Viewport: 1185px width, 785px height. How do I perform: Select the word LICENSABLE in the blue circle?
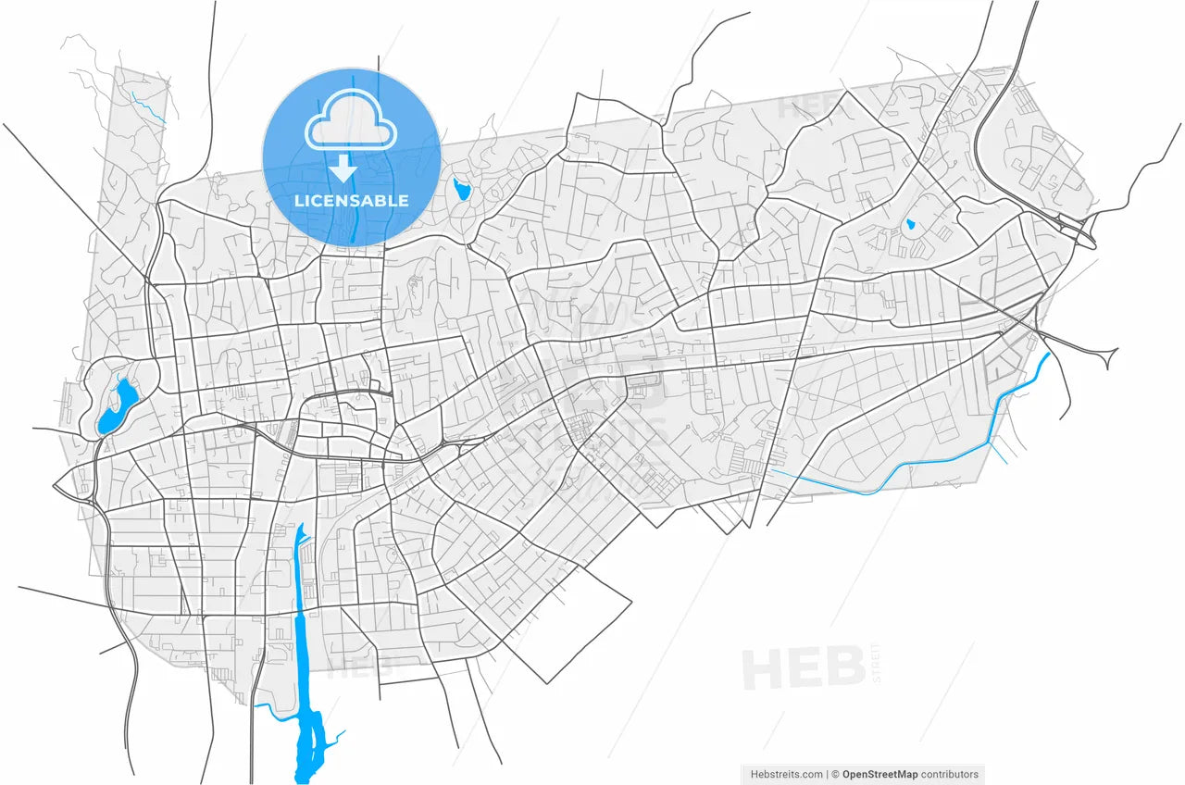(351, 200)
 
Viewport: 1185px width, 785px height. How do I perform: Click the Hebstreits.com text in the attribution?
(786, 775)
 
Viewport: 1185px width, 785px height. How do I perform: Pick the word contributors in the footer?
(949, 775)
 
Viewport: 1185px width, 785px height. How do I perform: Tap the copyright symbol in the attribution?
(835, 775)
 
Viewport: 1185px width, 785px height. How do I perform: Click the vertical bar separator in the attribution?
(827, 775)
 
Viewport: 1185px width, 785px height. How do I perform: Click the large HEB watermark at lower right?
(803, 669)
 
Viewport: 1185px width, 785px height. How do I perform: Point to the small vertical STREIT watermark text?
(877, 664)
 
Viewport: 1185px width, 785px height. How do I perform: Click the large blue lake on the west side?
(117, 408)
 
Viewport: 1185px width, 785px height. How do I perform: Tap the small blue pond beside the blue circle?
(462, 191)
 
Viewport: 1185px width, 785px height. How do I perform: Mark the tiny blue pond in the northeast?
(911, 224)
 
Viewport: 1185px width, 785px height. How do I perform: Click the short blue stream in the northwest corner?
(148, 107)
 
